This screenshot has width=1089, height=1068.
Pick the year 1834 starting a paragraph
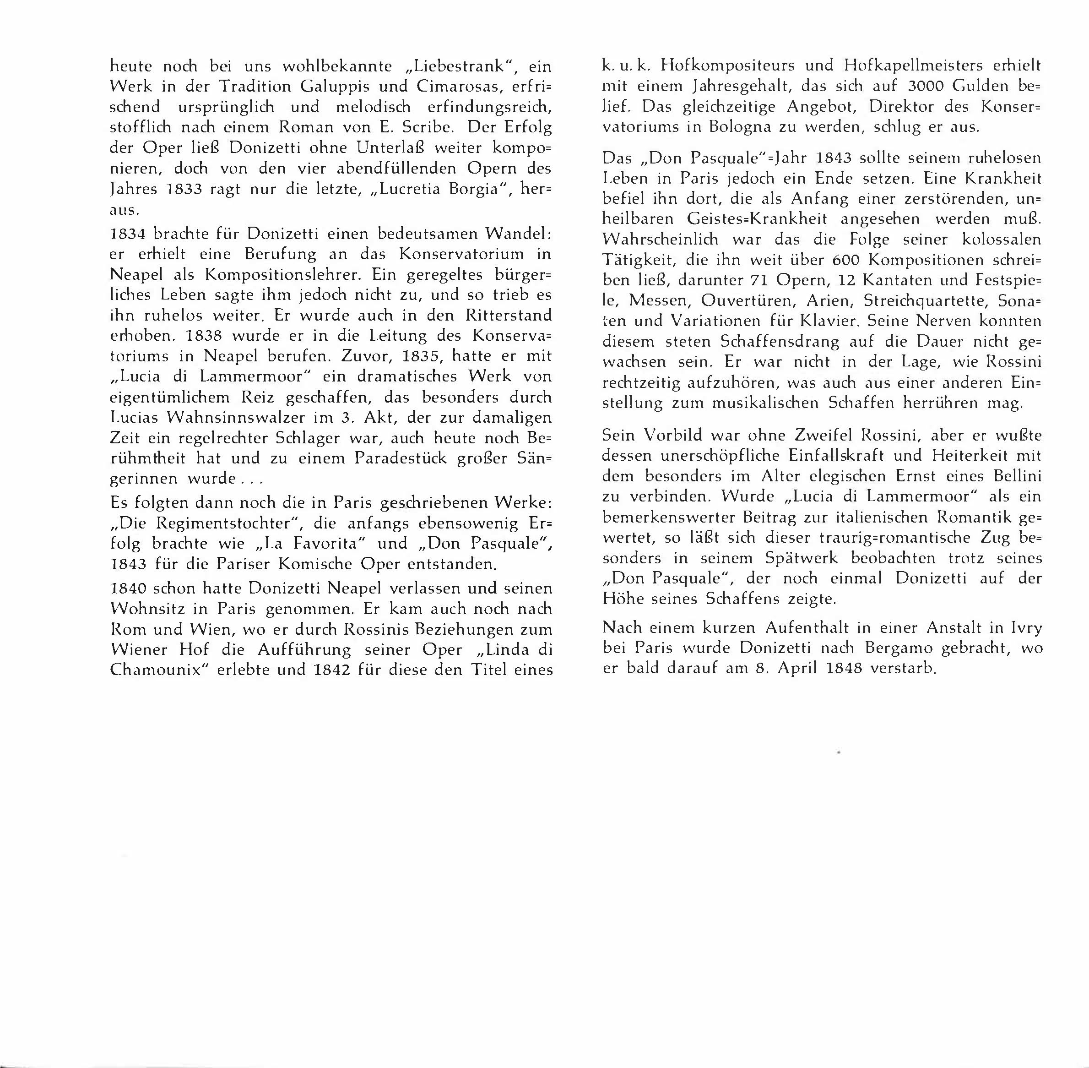[x=129, y=234]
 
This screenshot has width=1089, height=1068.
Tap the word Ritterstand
[x=505, y=315]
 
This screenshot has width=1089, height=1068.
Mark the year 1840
[x=129, y=588]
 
